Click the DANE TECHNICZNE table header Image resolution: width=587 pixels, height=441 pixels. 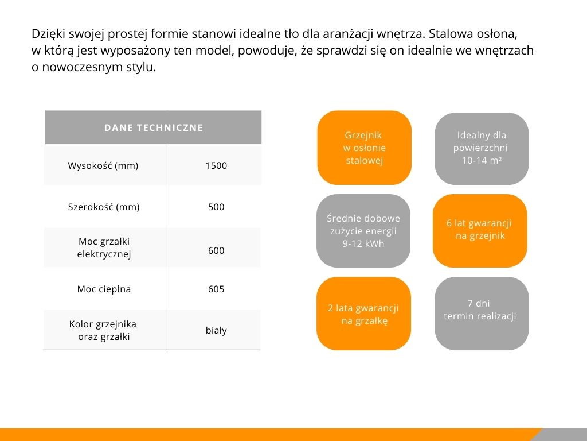tap(154, 127)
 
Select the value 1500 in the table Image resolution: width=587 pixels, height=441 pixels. tap(216, 166)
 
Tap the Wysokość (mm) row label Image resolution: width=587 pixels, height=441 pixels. tap(103, 166)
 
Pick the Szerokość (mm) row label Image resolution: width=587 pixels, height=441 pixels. tap(104, 207)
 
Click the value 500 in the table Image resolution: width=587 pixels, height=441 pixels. tap(216, 207)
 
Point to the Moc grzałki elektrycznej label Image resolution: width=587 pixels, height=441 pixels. tap(104, 247)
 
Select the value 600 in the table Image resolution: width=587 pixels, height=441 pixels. tap(216, 250)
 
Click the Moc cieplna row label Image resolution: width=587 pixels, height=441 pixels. tap(104, 289)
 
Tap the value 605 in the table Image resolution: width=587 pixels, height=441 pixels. tap(216, 289)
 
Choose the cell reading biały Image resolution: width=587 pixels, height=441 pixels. tap(216, 330)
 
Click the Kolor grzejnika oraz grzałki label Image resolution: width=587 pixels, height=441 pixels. tap(103, 330)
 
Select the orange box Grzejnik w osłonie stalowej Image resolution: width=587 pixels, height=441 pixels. tap(364, 148)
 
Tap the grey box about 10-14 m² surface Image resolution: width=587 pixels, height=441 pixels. tap(482, 148)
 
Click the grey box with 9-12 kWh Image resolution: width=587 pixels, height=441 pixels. tap(363, 231)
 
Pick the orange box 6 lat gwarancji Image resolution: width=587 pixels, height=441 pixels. tap(480, 230)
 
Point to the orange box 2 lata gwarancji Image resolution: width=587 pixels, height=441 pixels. tap(363, 314)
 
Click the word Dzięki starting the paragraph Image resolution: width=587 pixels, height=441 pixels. tap(47, 33)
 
